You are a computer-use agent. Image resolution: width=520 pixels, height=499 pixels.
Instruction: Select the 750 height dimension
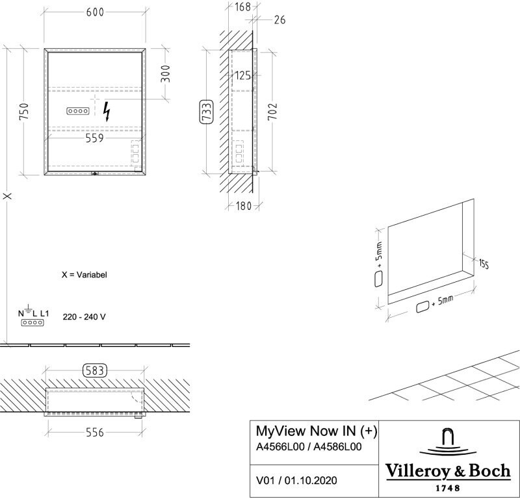pyautogui.click(x=24, y=112)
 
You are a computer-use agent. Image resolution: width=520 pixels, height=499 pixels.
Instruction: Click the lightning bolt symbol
pyautogui.click(x=107, y=112)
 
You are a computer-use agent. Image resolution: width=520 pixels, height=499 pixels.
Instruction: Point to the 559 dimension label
pyautogui.click(x=95, y=138)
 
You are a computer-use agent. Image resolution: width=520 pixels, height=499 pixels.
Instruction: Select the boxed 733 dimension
pyautogui.click(x=206, y=112)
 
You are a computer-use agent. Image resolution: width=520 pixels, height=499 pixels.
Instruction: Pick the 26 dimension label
pyautogui.click(x=280, y=20)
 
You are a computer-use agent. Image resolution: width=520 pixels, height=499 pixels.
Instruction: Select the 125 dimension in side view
pyautogui.click(x=242, y=76)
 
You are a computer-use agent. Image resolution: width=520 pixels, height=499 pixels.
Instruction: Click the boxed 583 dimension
pyautogui.click(x=95, y=371)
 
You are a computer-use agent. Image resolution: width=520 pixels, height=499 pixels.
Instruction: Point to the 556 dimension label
pyautogui.click(x=95, y=433)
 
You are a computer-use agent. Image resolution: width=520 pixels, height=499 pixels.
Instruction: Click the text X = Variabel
pyautogui.click(x=84, y=275)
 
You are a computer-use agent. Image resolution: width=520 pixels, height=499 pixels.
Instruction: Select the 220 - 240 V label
pyautogui.click(x=84, y=318)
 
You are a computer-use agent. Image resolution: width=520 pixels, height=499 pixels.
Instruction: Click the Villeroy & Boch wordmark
pyautogui.click(x=448, y=470)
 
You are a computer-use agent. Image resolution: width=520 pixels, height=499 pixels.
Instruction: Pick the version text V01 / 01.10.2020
pyautogui.click(x=297, y=481)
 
